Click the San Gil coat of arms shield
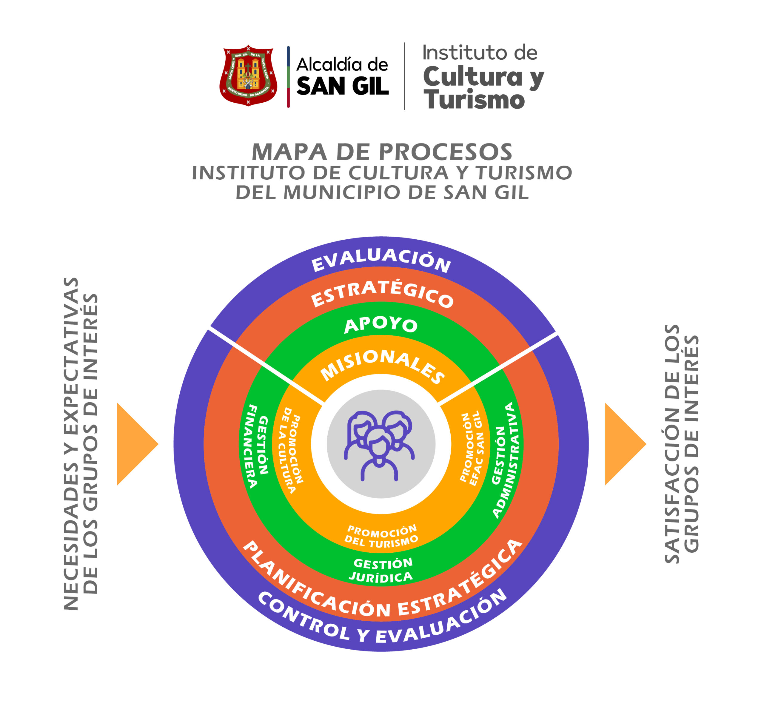click(248, 75)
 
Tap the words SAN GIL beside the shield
click(342, 86)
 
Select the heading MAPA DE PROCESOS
click(382, 152)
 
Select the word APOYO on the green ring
click(381, 325)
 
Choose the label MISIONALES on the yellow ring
click(382, 365)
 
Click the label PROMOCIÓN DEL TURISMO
click(381, 536)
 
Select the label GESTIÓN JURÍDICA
click(382, 570)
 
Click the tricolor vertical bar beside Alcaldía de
click(288, 77)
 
